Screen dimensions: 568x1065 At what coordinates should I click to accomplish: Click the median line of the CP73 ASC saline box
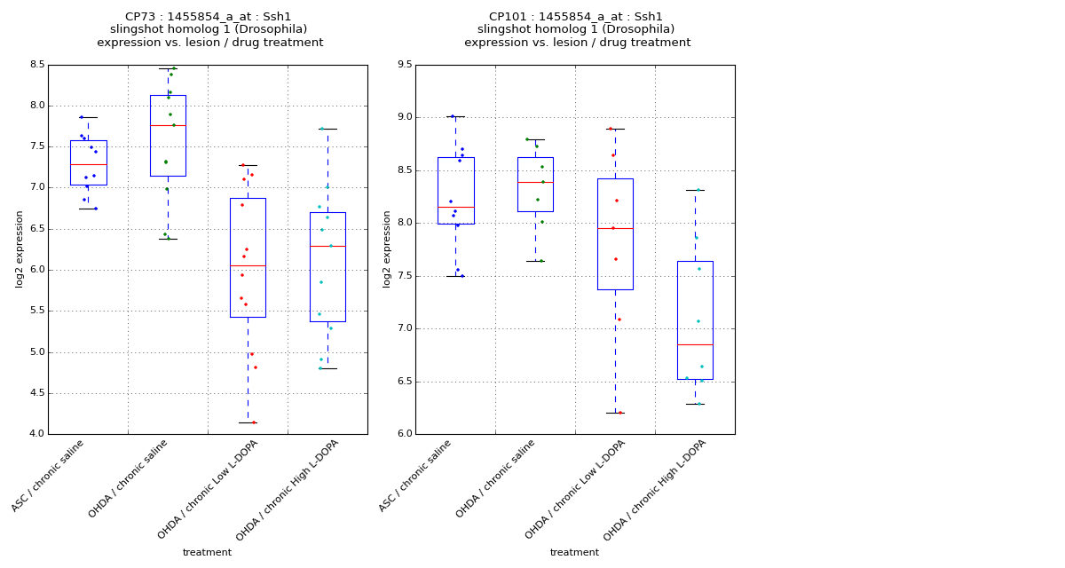(x=88, y=164)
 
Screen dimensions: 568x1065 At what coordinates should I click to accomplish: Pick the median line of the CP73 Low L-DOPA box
(x=248, y=265)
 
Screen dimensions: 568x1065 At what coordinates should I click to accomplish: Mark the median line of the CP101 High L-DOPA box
(x=695, y=344)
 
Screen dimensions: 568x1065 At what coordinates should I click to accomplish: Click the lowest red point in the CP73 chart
(x=254, y=422)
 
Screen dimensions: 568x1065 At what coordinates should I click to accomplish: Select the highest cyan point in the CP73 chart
(x=322, y=129)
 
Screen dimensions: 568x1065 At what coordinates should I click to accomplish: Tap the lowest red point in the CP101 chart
(x=620, y=413)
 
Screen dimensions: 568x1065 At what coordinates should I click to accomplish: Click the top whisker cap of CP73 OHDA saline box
(x=168, y=68)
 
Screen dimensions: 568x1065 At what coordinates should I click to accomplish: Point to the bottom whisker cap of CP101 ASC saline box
(x=455, y=276)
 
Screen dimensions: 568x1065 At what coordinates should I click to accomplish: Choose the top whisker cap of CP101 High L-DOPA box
(x=695, y=190)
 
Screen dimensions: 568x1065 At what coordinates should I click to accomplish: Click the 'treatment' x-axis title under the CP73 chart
(x=207, y=553)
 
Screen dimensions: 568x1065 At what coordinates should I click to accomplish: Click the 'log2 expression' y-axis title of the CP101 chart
(x=387, y=248)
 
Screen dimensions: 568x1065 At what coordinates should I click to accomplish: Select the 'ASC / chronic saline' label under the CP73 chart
(x=50, y=477)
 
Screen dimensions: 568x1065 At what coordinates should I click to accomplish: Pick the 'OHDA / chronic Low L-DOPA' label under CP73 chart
(x=205, y=492)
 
